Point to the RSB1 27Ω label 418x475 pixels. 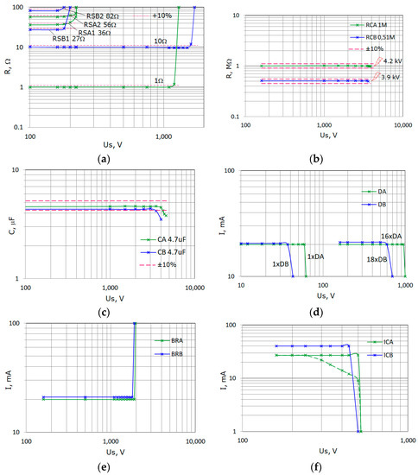[68, 39]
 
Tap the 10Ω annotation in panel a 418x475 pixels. [161, 41]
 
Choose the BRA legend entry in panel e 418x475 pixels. [174, 342]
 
